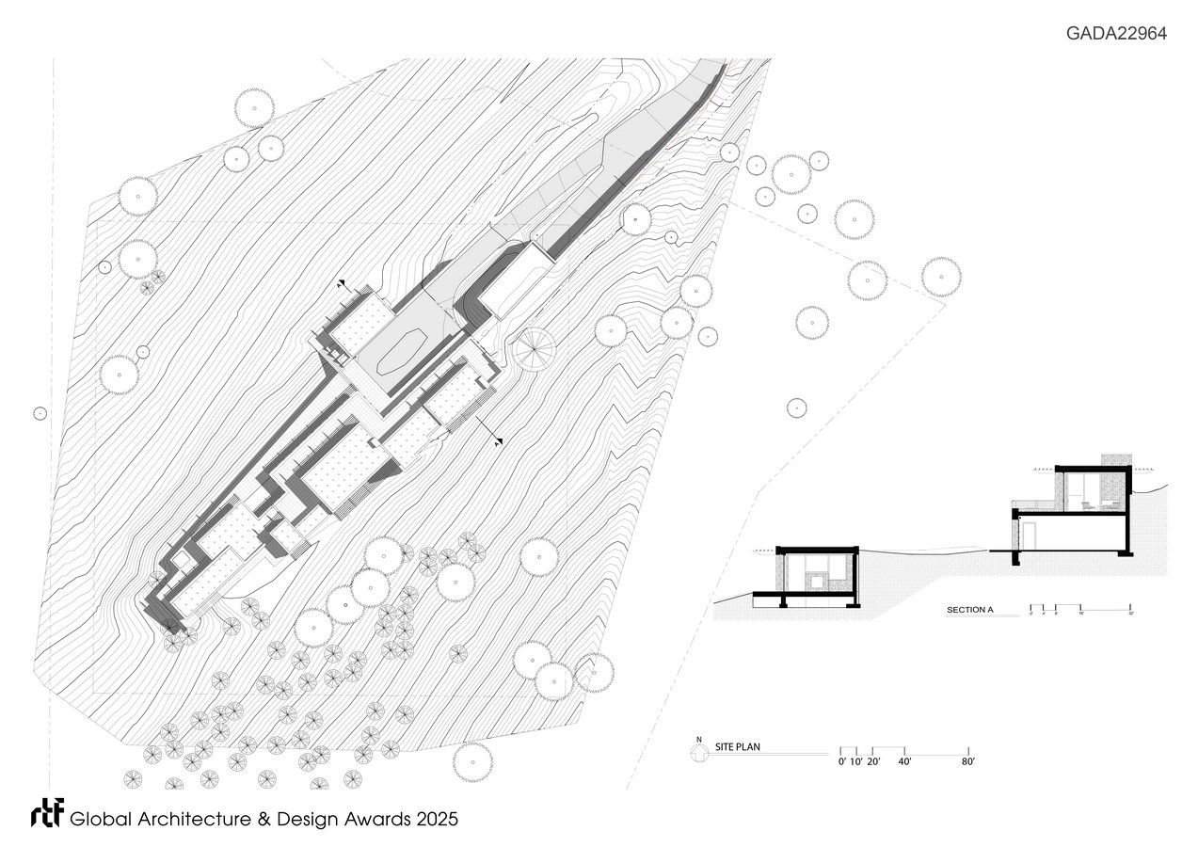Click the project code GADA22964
point(1116,33)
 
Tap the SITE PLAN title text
point(738,746)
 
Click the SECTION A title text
point(969,610)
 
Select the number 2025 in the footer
point(437,820)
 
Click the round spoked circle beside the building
point(535,349)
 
